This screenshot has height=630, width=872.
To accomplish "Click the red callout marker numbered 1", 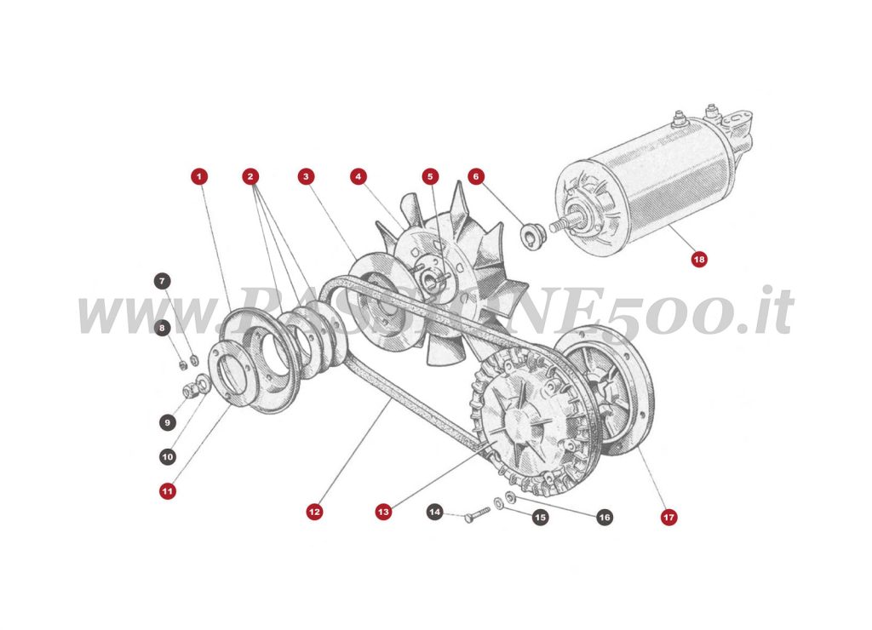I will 198,176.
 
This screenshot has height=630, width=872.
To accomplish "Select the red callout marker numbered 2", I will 250,176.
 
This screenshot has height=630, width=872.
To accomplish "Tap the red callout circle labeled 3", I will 307,176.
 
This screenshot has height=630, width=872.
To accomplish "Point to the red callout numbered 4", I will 359,176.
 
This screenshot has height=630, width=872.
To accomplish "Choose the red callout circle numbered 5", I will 430,176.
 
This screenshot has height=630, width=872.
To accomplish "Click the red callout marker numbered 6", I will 476,176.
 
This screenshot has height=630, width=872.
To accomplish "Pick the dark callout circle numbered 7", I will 162,281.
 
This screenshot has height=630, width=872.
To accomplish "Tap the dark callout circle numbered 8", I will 162,327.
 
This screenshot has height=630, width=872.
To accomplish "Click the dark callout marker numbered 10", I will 168,457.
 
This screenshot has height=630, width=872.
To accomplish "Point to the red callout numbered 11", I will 168,490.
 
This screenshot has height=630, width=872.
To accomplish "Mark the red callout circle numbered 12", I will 314,512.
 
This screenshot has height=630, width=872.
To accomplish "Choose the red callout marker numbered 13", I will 383,512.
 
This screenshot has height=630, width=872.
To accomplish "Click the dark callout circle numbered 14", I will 435,512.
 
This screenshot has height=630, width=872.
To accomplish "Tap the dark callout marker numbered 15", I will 540,517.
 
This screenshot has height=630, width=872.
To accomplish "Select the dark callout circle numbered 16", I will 604,517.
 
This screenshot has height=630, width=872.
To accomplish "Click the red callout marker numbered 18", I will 699,259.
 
